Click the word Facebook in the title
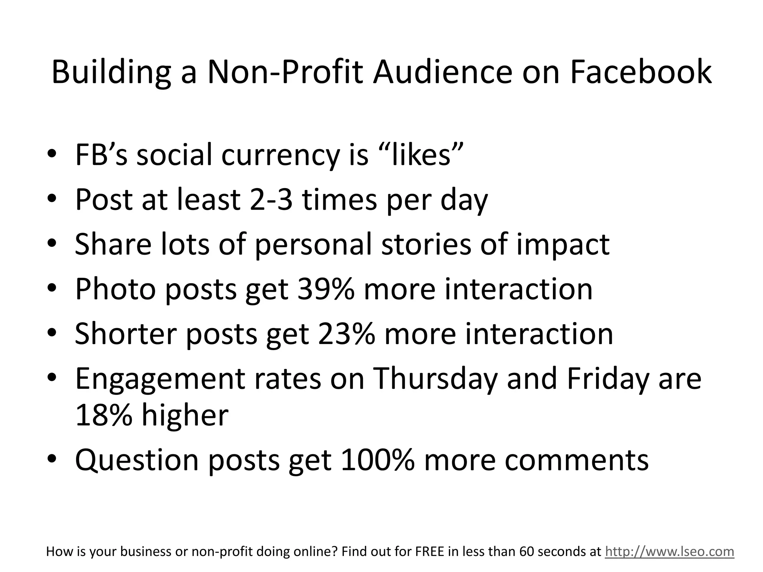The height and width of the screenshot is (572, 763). click(640, 71)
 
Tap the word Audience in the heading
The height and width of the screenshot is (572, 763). click(443, 71)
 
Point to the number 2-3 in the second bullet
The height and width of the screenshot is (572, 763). click(271, 200)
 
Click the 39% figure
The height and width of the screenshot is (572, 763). click(326, 289)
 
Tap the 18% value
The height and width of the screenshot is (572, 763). click(104, 415)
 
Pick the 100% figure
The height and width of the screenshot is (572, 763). click(377, 460)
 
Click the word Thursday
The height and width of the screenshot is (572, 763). click(435, 379)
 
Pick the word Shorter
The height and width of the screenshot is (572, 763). click(125, 334)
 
